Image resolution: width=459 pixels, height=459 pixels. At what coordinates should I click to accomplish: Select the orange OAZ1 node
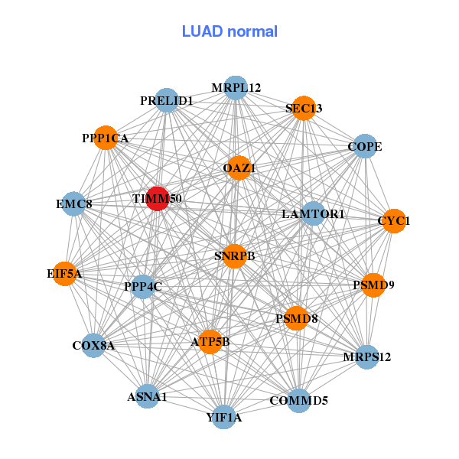[x=239, y=168]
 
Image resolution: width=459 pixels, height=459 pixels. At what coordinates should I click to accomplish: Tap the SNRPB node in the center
[x=235, y=256]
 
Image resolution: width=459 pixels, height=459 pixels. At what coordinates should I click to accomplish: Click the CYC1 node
[x=393, y=221]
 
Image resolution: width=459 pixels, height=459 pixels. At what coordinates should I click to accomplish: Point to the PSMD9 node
[x=373, y=285]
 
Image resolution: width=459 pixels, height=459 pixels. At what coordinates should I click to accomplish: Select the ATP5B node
[x=210, y=342]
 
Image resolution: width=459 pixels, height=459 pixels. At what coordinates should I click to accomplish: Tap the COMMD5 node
[x=299, y=400]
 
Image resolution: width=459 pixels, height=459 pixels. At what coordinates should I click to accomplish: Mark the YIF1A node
[x=223, y=417]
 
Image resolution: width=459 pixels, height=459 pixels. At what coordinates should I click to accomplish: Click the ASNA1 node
[x=148, y=396]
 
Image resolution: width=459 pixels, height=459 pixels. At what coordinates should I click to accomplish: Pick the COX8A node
[x=93, y=346]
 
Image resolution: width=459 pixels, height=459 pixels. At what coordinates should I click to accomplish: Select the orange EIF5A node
[x=64, y=273]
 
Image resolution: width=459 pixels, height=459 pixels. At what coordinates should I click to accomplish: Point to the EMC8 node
[x=73, y=204]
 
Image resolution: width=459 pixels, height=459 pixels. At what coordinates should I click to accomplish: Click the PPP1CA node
[x=106, y=138]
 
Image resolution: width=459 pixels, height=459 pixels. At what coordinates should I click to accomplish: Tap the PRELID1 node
[x=167, y=100]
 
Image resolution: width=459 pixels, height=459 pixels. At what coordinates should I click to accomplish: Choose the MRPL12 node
[x=236, y=88]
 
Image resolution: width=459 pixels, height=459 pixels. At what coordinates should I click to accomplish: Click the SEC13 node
[x=304, y=109]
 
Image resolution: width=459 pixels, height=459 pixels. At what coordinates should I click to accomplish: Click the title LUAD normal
[x=229, y=31]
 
